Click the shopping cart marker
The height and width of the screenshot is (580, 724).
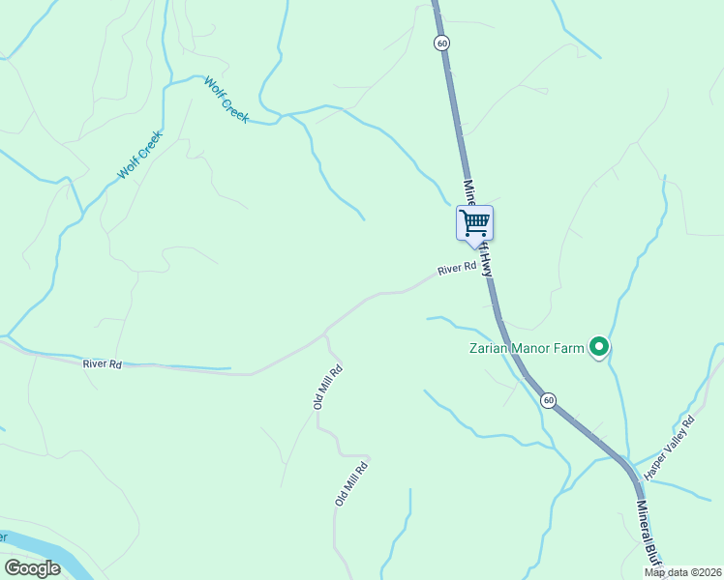(x=474, y=223)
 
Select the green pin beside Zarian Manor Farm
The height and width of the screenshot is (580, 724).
(x=599, y=346)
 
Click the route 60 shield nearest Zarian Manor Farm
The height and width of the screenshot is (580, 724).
(x=548, y=400)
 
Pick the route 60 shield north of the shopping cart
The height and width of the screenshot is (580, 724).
(x=442, y=43)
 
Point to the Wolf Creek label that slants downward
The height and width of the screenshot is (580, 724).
(x=227, y=100)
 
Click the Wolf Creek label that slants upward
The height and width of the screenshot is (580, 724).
(x=138, y=156)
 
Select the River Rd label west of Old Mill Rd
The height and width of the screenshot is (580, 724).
(x=102, y=364)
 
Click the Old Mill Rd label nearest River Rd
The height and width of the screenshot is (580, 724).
(x=328, y=387)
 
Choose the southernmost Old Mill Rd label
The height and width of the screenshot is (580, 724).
(x=351, y=483)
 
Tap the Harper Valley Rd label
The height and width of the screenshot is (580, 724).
(x=670, y=448)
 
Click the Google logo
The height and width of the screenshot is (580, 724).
(x=32, y=568)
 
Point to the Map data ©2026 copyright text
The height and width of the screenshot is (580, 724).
(x=682, y=572)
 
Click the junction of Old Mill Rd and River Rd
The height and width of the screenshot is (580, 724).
(x=325, y=334)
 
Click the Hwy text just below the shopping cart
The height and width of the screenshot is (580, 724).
(x=488, y=263)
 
